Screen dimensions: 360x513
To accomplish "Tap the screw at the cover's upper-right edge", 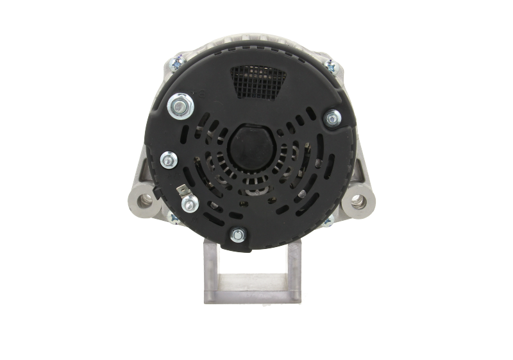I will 332,117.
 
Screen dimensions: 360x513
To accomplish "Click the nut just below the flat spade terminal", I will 189,204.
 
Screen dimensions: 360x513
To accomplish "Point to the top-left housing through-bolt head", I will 176,63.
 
